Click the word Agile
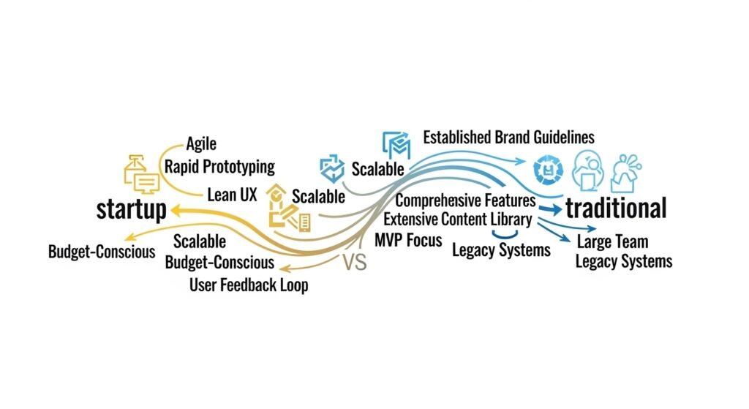(201, 144)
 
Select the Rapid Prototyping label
(219, 166)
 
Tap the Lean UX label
(229, 195)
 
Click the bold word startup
(132, 209)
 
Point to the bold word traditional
(615, 209)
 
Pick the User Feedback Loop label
(249, 285)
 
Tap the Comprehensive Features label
(465, 200)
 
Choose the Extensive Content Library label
(456, 219)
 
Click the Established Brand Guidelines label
(509, 137)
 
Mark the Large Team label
(612, 242)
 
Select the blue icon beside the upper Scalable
(333, 168)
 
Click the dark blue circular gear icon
(546, 168)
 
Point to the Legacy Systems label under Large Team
(623, 261)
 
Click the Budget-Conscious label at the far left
(102, 252)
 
